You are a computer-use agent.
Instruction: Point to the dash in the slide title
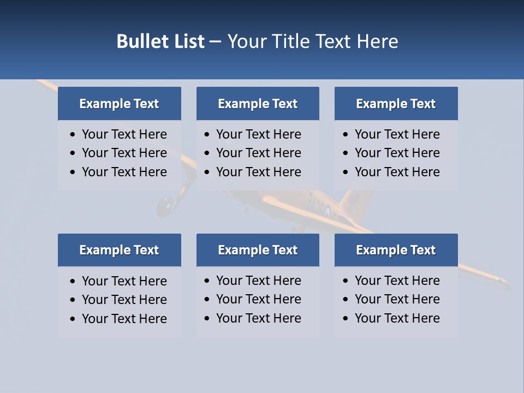[215, 41]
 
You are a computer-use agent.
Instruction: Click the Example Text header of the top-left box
[119, 104]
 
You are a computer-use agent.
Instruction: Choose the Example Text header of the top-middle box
[258, 104]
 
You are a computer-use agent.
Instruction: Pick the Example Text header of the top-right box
[396, 104]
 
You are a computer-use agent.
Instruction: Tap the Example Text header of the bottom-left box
[119, 250]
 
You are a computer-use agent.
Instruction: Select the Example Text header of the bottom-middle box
[258, 250]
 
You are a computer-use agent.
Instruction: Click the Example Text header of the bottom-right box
[396, 250]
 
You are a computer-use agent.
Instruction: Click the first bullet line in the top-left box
[124, 134]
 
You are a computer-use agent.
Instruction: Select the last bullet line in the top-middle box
[258, 172]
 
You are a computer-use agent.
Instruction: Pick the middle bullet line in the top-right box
[397, 153]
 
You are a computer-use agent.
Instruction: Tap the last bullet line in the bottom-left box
[124, 319]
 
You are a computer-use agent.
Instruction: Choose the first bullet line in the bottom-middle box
[258, 281]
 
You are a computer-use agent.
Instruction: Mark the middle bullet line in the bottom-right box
[397, 299]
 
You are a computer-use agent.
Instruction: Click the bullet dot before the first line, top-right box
[346, 135]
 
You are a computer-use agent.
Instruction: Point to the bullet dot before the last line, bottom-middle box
[207, 319]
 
